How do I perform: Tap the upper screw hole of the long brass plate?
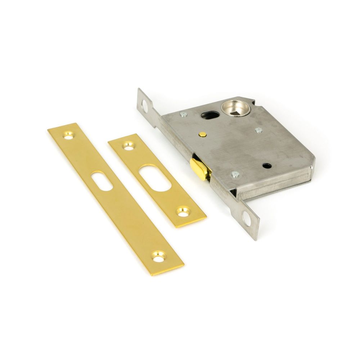[x=69, y=135]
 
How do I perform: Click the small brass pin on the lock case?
[x=203, y=135]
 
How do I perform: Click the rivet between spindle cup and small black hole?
[x=258, y=130]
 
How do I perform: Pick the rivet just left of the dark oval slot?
[x=183, y=114]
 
